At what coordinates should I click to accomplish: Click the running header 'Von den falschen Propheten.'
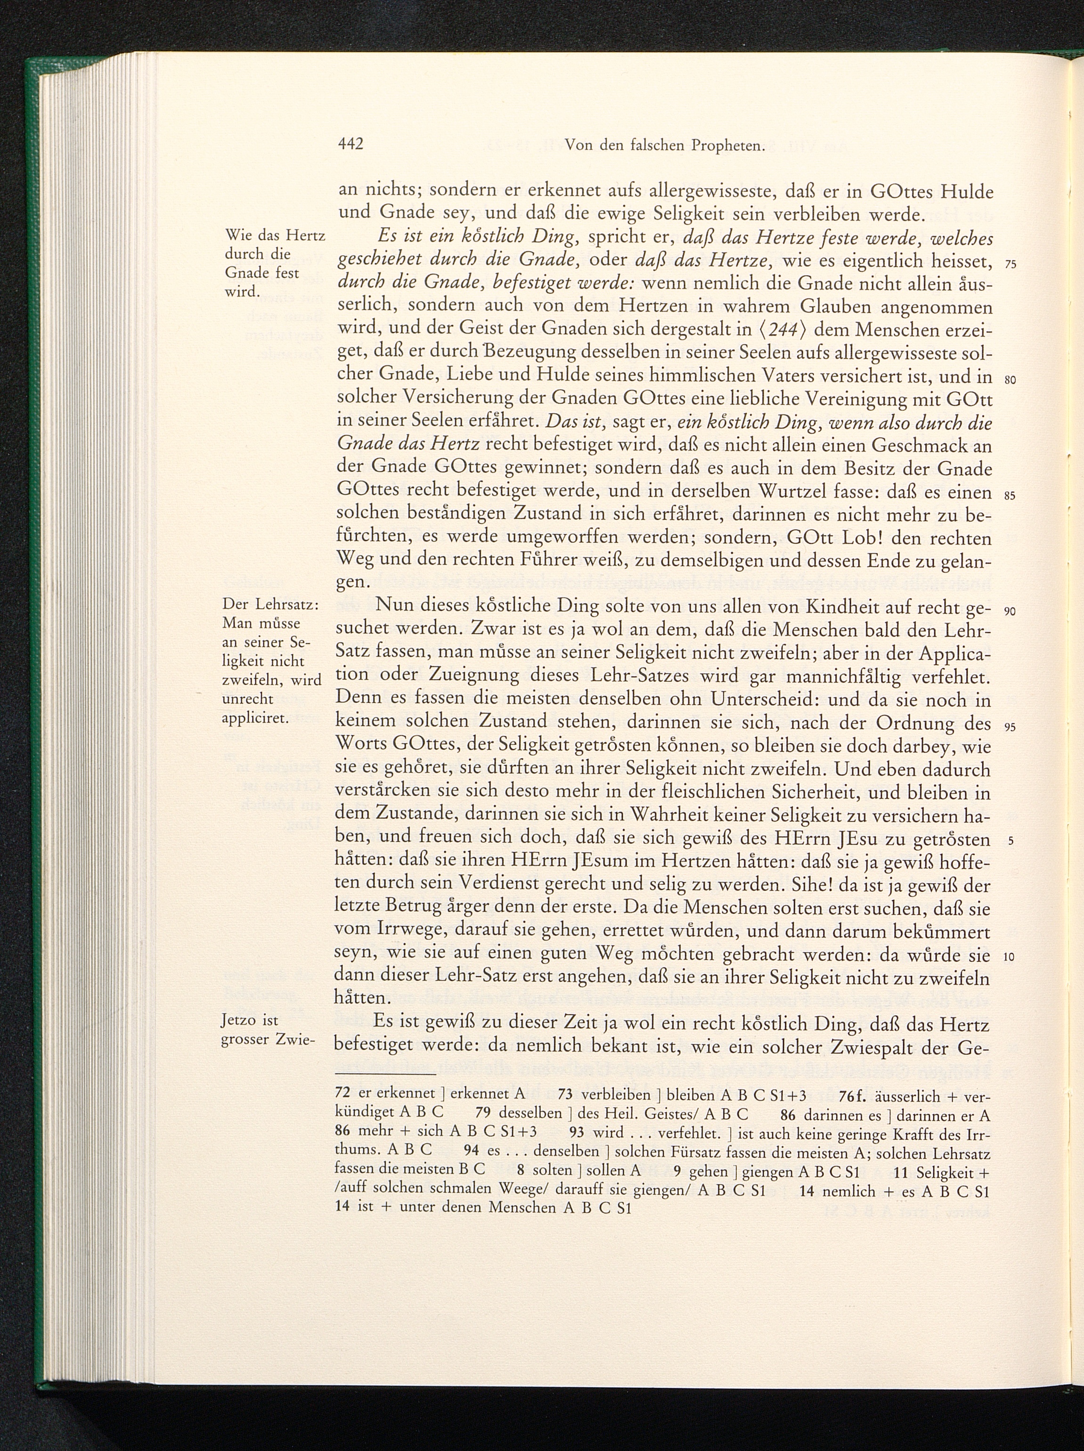[x=665, y=163]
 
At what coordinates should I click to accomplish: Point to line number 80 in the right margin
[x=1010, y=381]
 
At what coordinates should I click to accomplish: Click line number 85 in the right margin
[x=1010, y=496]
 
